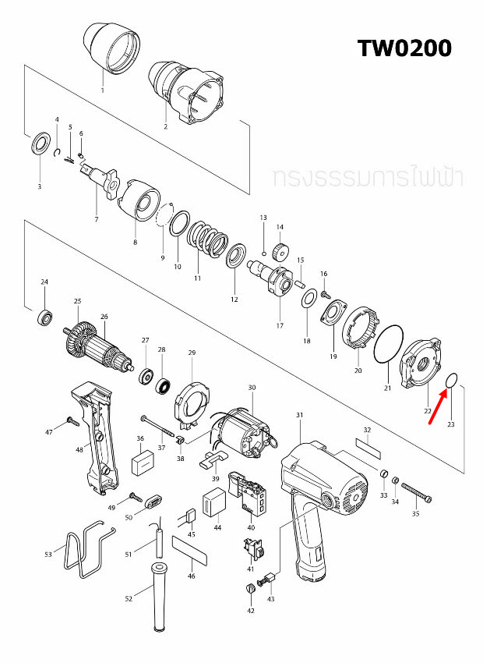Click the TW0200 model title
pyautogui.click(x=404, y=48)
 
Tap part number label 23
pyautogui.click(x=450, y=424)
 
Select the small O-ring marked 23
pyautogui.click(x=450, y=381)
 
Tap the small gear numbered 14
pyautogui.click(x=280, y=252)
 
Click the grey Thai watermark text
pyautogui.click(x=368, y=177)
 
